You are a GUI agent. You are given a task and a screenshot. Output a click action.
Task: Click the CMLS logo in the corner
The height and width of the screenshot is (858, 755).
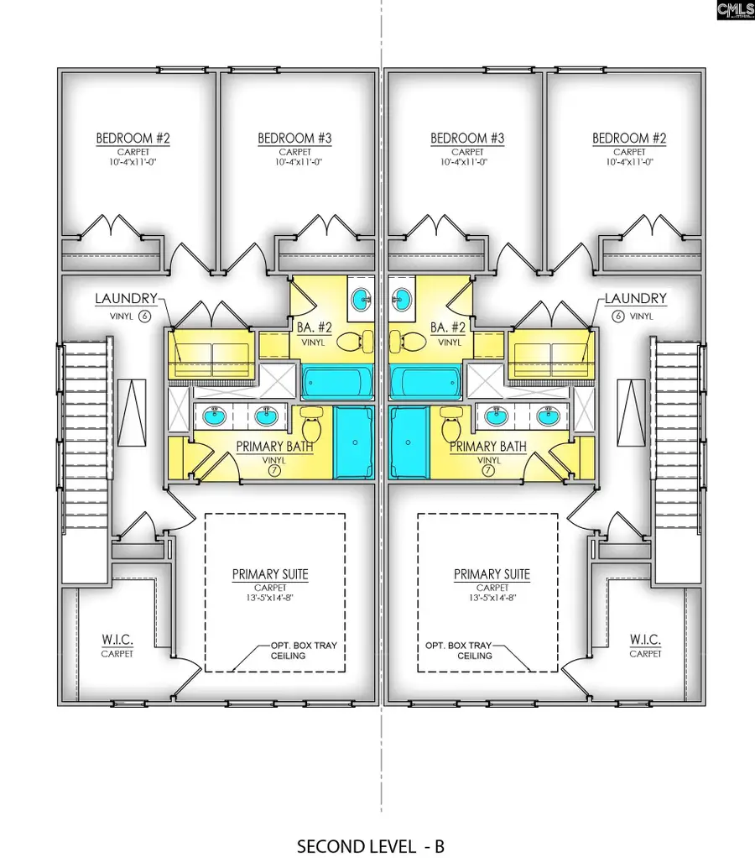pos(735,11)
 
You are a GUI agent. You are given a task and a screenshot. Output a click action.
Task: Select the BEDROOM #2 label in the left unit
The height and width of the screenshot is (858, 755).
pos(133,138)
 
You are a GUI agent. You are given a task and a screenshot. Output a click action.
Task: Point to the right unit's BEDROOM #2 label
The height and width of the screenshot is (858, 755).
pos(629,138)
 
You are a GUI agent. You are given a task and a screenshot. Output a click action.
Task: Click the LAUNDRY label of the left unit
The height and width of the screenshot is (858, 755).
pos(126,298)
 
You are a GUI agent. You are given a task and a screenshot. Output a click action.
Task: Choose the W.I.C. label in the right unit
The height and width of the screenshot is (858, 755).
pos(645,640)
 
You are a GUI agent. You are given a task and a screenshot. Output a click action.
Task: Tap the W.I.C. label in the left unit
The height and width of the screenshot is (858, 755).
pos(117,640)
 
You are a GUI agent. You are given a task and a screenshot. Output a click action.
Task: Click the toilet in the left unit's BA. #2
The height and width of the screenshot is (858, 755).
pos(346,339)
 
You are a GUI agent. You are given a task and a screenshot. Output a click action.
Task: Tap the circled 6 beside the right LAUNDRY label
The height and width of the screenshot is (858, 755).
pos(619,316)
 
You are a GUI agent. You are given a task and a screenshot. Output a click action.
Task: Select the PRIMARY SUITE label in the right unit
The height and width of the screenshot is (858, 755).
pos(492,575)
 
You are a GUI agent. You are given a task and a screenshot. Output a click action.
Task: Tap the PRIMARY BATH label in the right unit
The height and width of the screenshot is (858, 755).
pos(488,447)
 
